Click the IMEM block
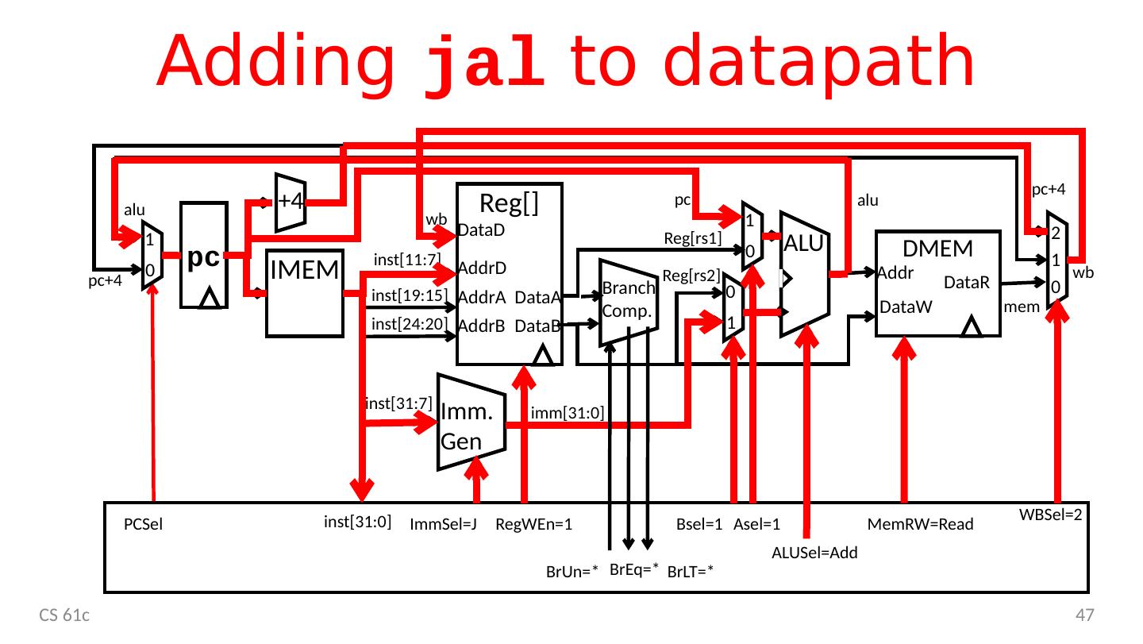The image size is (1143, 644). coord(305,294)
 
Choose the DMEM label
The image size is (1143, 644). coord(938,249)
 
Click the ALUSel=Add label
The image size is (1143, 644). coord(814,553)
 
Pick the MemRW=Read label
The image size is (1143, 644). coord(921,525)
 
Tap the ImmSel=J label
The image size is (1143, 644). coord(443,525)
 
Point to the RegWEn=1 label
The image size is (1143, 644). coord(534,525)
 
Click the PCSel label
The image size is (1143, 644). coord(143,525)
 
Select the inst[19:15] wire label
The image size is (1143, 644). coord(410,295)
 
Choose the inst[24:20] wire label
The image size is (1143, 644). coord(410,323)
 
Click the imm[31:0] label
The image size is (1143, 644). coord(568,412)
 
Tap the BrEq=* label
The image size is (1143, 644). coord(635,569)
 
